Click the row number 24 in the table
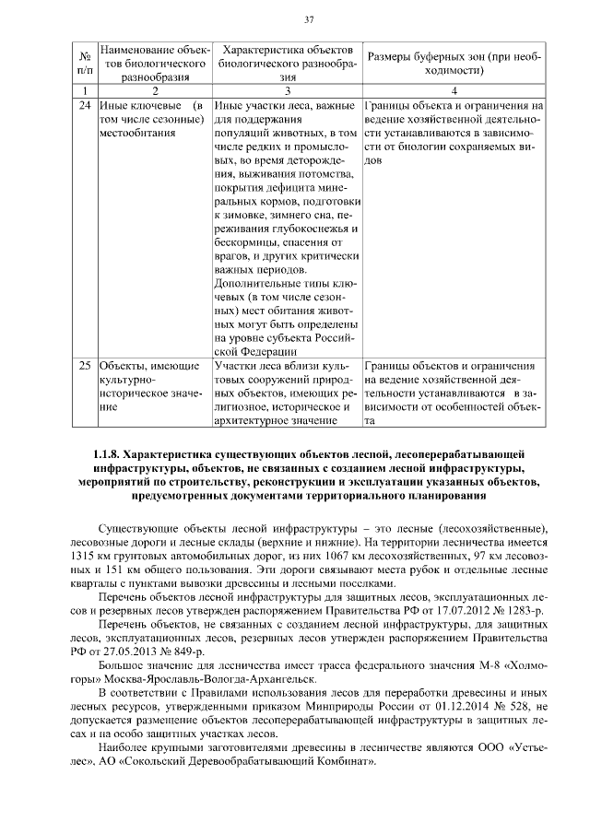[84, 106]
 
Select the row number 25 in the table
[84, 366]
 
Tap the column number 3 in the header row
[288, 90]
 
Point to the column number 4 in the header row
[454, 90]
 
